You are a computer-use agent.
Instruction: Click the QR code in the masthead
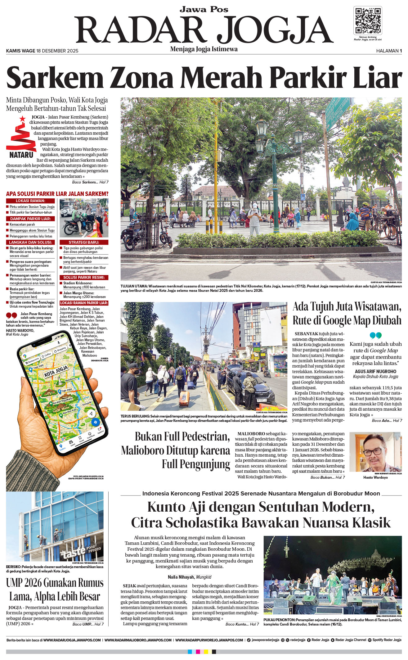click(x=368, y=20)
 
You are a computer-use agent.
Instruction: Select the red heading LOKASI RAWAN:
click(x=30, y=201)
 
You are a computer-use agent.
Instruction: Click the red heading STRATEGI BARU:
click(x=84, y=242)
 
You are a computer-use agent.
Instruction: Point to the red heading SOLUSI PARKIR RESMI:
click(x=84, y=277)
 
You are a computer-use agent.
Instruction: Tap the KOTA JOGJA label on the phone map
click(x=56, y=371)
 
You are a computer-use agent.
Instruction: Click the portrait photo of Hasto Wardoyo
click(x=375, y=452)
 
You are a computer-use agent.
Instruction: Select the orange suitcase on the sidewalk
click(x=184, y=399)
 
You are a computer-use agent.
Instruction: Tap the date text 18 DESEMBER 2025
click(x=57, y=51)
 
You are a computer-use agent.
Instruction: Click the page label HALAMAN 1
click(x=389, y=51)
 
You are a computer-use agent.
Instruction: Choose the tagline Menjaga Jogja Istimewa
click(x=204, y=49)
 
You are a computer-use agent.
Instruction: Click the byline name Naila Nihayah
click(x=181, y=577)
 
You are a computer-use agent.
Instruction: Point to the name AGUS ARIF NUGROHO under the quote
click(x=375, y=371)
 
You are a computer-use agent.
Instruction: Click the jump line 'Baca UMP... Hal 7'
click(x=88, y=624)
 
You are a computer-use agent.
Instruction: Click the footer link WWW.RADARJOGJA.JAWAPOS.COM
click(x=72, y=640)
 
